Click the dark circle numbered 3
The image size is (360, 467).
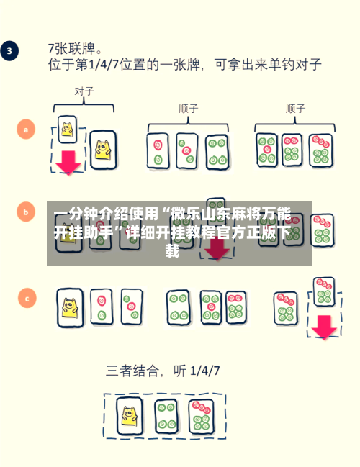point(9,51)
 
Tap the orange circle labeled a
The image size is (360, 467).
point(26,130)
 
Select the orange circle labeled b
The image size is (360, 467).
point(26,212)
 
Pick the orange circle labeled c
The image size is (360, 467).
point(27,298)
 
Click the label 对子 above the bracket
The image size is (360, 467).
point(84,91)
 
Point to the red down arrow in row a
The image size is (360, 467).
point(68,163)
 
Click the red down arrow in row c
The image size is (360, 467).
point(324,327)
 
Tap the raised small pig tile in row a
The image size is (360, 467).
point(68,130)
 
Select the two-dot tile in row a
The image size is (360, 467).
point(158,151)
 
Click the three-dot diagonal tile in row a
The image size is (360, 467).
point(187,151)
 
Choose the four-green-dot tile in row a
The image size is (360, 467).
point(217,152)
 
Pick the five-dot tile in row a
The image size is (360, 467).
point(267,150)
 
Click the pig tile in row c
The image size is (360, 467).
point(70,308)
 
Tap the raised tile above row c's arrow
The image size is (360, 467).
point(324,292)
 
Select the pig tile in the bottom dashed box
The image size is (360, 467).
point(130,416)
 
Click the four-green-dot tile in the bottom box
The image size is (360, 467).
point(166,417)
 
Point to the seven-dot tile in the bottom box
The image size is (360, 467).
point(202,417)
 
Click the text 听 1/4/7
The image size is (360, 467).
point(197,371)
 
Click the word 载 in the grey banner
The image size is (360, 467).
point(173,251)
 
